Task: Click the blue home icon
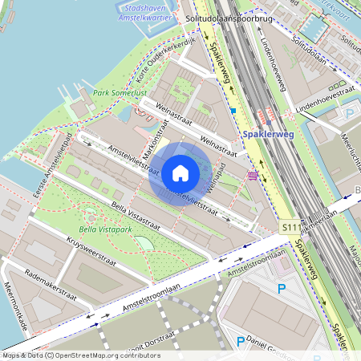pos(180,172)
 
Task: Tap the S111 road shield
pos(290,229)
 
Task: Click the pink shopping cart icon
pos(254,175)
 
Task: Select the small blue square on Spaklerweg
pos(233,111)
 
